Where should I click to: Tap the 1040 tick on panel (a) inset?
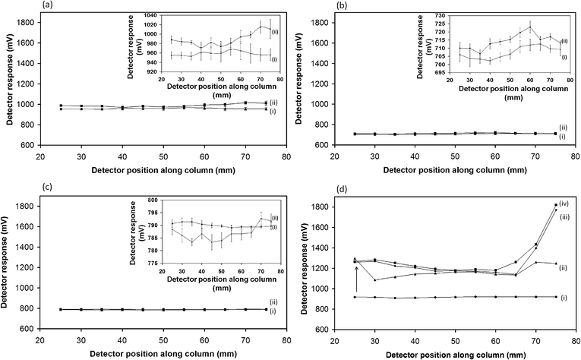pyautogui.click(x=152, y=15)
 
